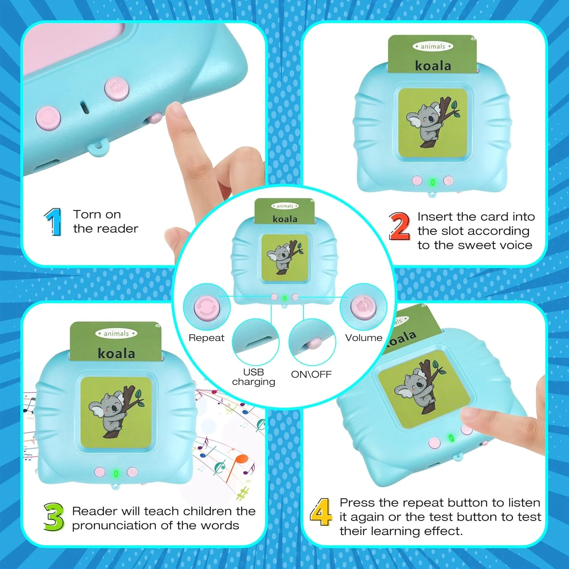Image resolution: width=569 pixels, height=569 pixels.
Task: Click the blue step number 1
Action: tap(53, 222)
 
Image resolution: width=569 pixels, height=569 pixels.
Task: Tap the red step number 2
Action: tap(399, 226)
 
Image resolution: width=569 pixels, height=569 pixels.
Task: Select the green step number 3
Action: tap(53, 517)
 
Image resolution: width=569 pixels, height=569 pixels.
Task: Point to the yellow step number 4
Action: tap(321, 512)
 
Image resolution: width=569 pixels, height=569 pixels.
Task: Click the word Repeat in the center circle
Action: tap(206, 338)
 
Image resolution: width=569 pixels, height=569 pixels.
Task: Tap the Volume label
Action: tap(363, 338)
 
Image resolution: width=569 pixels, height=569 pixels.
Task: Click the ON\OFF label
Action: tap(311, 374)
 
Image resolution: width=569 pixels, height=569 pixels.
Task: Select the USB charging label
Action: tap(253, 377)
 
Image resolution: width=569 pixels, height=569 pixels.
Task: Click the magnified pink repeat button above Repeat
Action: tap(207, 307)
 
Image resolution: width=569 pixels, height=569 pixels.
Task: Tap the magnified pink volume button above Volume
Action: tap(363, 307)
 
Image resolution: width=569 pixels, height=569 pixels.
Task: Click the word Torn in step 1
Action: tap(87, 214)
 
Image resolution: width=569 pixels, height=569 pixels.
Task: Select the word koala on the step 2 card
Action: tap(433, 66)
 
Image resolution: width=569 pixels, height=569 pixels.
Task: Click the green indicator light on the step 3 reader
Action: tap(116, 473)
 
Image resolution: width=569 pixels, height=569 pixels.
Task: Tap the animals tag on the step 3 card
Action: tap(116, 333)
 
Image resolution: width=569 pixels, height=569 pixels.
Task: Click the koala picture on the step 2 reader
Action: tap(432, 123)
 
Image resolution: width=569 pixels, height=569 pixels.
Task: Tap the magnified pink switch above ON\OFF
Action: tap(314, 343)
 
